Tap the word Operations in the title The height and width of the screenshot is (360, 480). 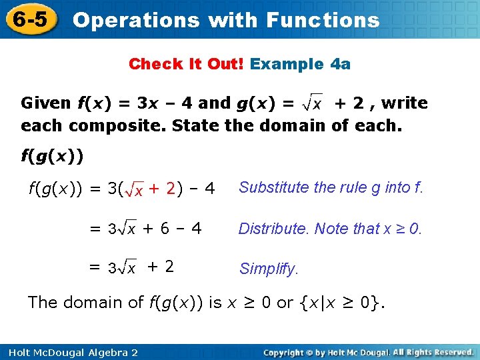tap(136, 20)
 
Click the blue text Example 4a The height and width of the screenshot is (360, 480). tap(300, 64)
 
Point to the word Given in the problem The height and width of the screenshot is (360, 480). tap(45, 103)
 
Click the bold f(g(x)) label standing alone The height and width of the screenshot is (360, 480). tap(52, 157)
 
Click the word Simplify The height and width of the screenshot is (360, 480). tap(269, 269)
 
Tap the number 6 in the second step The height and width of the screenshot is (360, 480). tap(164, 229)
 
